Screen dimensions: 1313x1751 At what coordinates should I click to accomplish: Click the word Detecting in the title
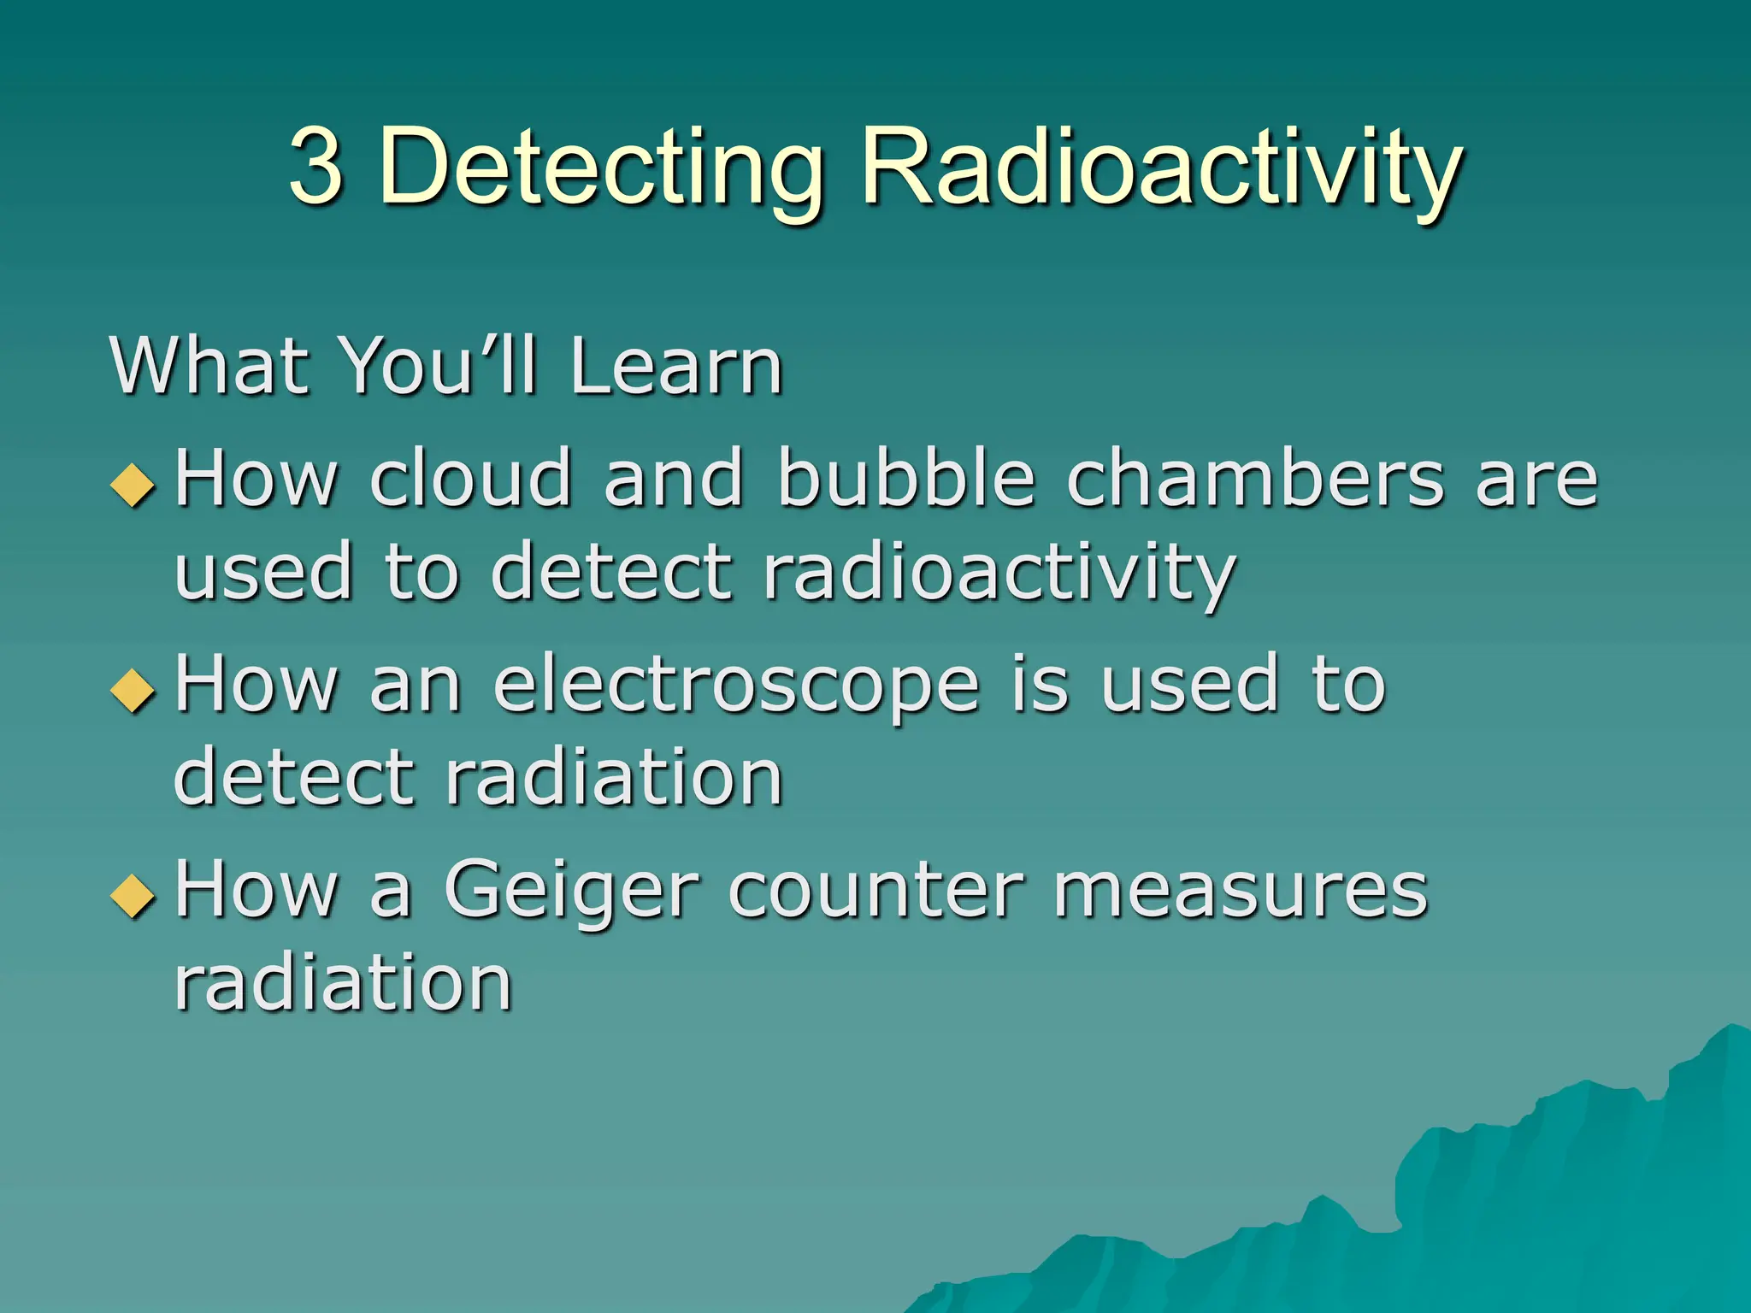click(600, 168)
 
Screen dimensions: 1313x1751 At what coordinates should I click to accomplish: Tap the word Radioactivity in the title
click(1162, 168)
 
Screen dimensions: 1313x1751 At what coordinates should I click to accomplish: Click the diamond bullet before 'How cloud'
click(133, 484)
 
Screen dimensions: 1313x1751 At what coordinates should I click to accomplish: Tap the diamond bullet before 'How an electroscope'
click(133, 689)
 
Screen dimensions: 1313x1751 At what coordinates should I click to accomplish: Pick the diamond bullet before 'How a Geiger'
click(133, 894)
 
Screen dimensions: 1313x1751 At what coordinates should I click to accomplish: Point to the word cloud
click(470, 478)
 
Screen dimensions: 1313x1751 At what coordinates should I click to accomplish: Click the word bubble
click(906, 478)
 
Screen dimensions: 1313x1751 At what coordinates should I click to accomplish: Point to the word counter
click(876, 890)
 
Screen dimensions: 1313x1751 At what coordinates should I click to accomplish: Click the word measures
click(1241, 890)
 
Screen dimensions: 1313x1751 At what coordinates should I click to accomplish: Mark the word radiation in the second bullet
click(614, 778)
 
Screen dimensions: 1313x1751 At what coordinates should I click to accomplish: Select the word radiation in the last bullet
click(343, 983)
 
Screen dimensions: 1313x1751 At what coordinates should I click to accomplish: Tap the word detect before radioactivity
click(611, 573)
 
